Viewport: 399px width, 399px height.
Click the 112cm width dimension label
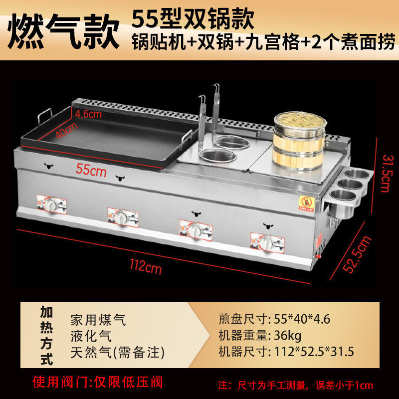(146, 267)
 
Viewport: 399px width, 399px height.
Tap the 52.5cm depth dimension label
(357, 254)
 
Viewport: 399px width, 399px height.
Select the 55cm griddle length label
(91, 170)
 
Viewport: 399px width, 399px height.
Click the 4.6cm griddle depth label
(88, 114)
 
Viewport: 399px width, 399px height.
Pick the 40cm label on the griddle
(66, 130)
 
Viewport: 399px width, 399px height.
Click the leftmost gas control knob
(52, 204)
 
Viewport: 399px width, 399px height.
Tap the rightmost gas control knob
(266, 242)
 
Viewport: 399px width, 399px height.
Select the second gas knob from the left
(122, 216)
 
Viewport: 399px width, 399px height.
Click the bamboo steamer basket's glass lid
(300, 120)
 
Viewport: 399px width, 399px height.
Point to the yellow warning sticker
(306, 203)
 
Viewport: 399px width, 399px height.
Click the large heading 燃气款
(63, 31)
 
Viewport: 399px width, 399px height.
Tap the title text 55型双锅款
(193, 18)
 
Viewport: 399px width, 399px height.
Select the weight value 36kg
(288, 335)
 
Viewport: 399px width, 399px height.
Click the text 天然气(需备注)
(117, 353)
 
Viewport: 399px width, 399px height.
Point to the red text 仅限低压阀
(128, 382)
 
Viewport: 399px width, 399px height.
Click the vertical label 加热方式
(46, 336)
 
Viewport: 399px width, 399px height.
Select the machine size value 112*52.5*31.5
(314, 352)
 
